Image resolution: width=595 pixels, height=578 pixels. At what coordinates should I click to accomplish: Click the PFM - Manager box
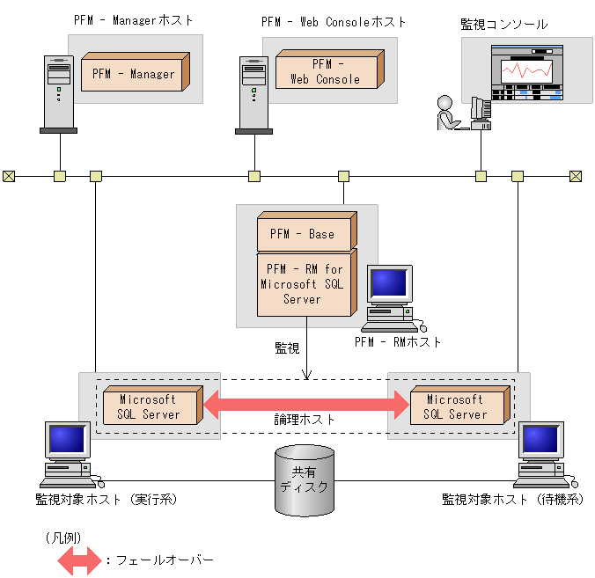(134, 74)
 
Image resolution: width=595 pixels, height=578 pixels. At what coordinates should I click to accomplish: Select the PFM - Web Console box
(326, 71)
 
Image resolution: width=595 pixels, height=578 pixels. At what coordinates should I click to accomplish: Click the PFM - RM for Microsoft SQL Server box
(302, 284)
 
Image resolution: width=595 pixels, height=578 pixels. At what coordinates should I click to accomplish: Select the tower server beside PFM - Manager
(57, 94)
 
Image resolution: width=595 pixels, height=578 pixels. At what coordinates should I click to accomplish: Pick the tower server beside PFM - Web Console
(253, 94)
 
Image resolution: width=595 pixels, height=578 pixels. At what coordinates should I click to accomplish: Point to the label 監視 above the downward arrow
(287, 348)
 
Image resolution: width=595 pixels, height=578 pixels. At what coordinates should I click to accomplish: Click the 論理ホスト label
(305, 421)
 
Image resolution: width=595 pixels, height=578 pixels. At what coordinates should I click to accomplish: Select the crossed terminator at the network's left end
(9, 176)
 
